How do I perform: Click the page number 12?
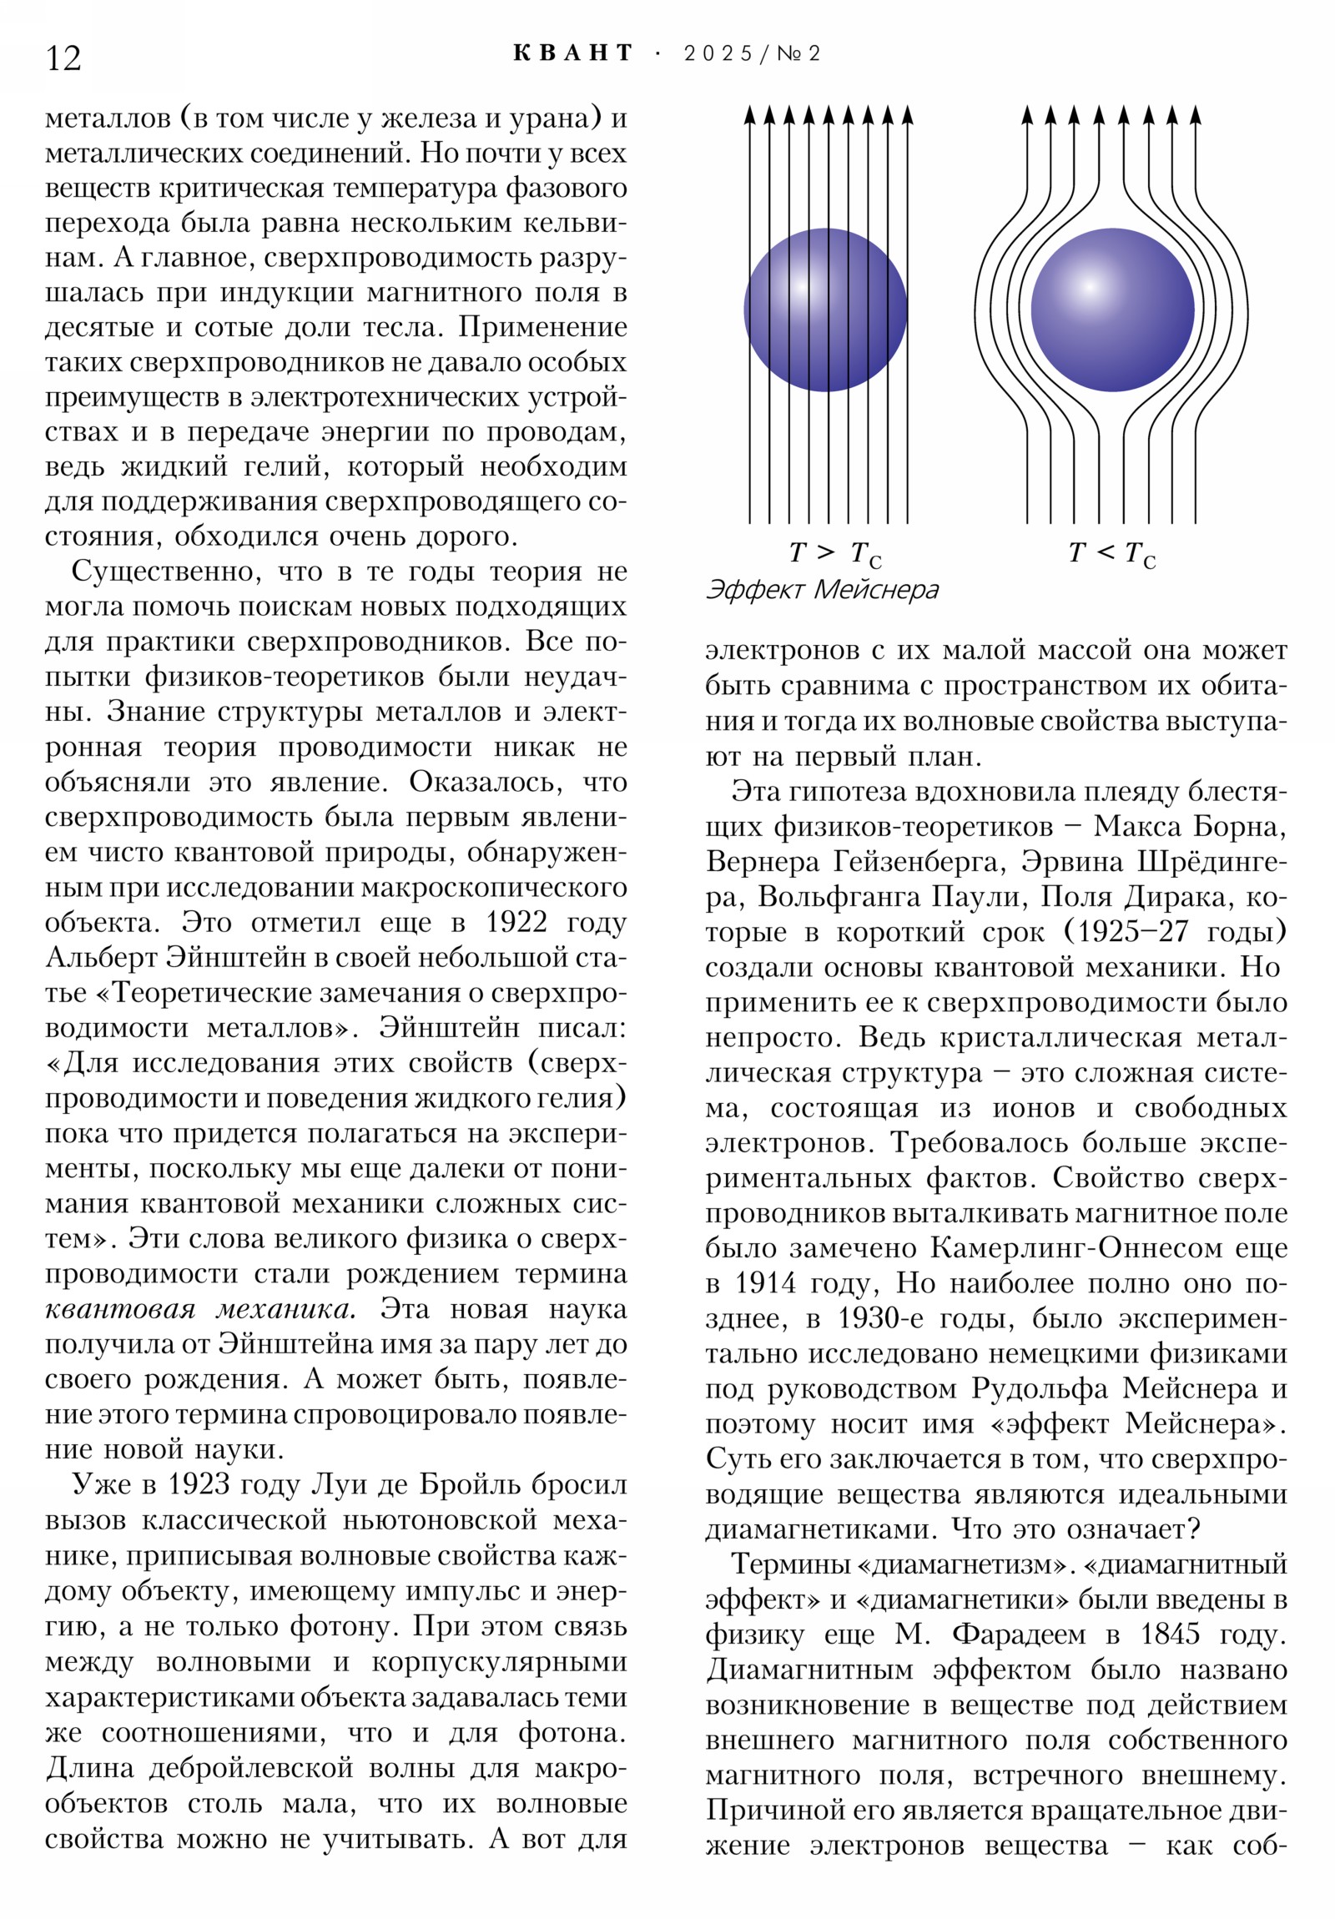click(63, 58)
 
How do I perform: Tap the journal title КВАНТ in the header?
click(572, 53)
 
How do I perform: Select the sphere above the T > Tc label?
click(825, 310)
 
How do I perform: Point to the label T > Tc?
click(834, 553)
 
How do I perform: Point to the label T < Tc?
click(1111, 553)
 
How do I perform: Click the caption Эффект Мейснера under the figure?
click(822, 590)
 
